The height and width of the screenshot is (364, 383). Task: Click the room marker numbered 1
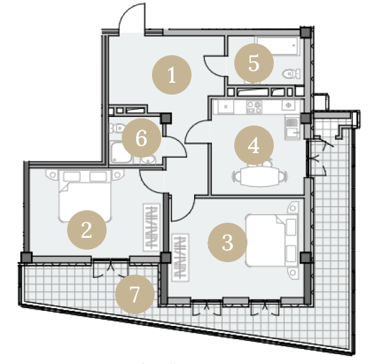pos(172,75)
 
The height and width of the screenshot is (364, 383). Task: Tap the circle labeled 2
pos(87,230)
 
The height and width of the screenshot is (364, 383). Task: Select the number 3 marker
pos(228,242)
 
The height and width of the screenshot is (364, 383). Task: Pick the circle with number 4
pos(254,145)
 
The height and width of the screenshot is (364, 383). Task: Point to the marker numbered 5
pos(254,63)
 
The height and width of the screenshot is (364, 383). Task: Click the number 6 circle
pos(141,138)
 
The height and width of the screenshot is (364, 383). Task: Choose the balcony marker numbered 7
pos(135,294)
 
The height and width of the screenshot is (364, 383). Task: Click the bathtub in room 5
pos(278,46)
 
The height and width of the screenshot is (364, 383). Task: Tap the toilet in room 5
pos(292,74)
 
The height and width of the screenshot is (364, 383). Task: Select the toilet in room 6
pos(116,127)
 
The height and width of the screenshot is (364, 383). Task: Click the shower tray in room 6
pos(121,152)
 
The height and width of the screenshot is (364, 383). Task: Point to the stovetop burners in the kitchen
pos(254,107)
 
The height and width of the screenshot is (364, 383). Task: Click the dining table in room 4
pos(260,177)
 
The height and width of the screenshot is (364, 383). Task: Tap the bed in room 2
pos(85,196)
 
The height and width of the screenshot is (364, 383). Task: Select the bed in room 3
pos(272,240)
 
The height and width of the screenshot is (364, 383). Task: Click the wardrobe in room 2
pos(151,227)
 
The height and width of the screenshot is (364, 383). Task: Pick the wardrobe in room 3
pos(180,258)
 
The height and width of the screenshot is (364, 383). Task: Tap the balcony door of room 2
pos(111,267)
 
